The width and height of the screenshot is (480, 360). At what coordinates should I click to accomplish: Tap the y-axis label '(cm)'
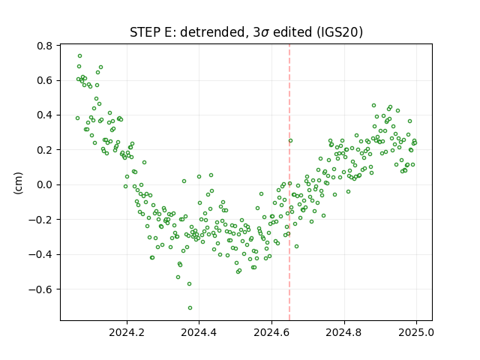pos(18,183)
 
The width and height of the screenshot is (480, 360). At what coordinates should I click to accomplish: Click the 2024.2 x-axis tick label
pos(127,332)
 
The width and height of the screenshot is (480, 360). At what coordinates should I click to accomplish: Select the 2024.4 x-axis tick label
pos(199,332)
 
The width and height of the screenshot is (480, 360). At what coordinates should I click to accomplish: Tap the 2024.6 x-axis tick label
pos(271,332)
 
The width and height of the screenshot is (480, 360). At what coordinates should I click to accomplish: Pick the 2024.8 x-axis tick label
pos(344,332)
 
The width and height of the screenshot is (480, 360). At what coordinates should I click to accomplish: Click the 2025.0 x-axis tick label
pos(416,332)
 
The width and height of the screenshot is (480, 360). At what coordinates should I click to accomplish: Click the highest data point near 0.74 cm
pos(80,56)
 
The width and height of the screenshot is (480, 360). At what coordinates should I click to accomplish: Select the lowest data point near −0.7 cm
pos(190,308)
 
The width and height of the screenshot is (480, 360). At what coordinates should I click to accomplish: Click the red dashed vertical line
pos(289,182)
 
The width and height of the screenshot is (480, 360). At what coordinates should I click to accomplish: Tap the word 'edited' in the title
pos(292,32)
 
